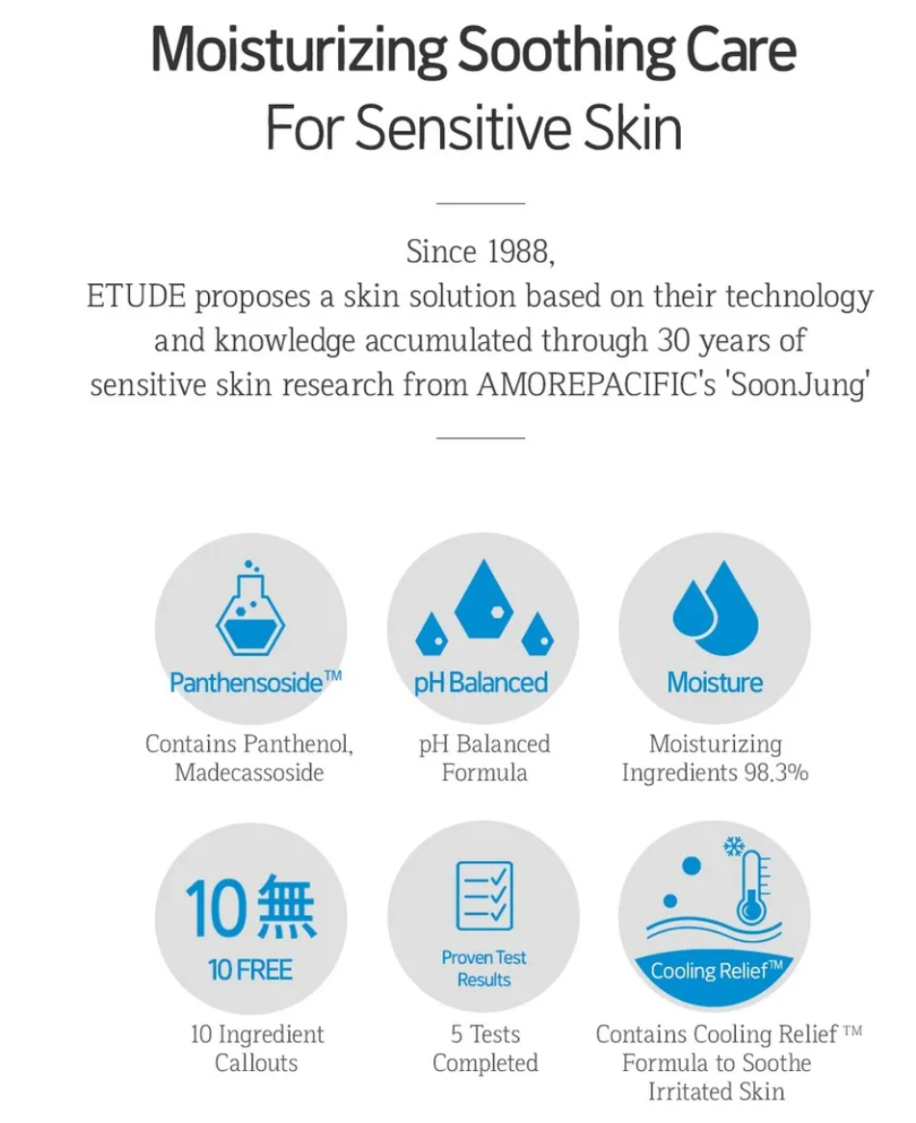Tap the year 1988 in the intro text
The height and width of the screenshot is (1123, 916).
[x=520, y=251]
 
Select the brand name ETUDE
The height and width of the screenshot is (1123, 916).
[x=136, y=296]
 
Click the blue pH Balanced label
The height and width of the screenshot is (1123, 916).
[x=481, y=683]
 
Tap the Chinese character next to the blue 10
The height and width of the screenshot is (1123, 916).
[x=285, y=906]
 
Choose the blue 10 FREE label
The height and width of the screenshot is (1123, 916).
[x=249, y=971]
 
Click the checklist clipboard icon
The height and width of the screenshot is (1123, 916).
[x=484, y=896]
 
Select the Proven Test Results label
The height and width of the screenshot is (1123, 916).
[x=484, y=968]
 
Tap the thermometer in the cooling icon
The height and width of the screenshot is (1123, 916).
[x=752, y=888]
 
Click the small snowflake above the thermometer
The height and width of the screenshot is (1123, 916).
[x=733, y=846]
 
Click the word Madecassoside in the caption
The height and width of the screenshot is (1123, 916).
[x=249, y=772]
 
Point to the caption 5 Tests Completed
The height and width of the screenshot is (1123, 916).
[x=484, y=1049]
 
